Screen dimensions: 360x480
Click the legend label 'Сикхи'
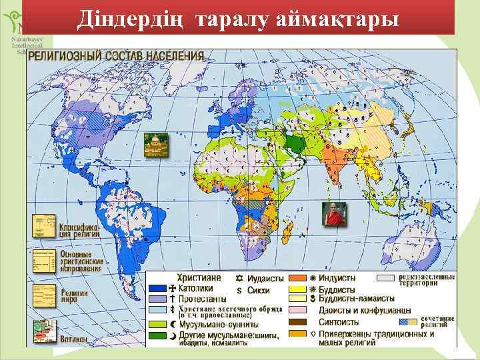pyautogui.click(x=258, y=290)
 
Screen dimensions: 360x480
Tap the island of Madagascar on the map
pyautogui.click(x=287, y=232)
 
